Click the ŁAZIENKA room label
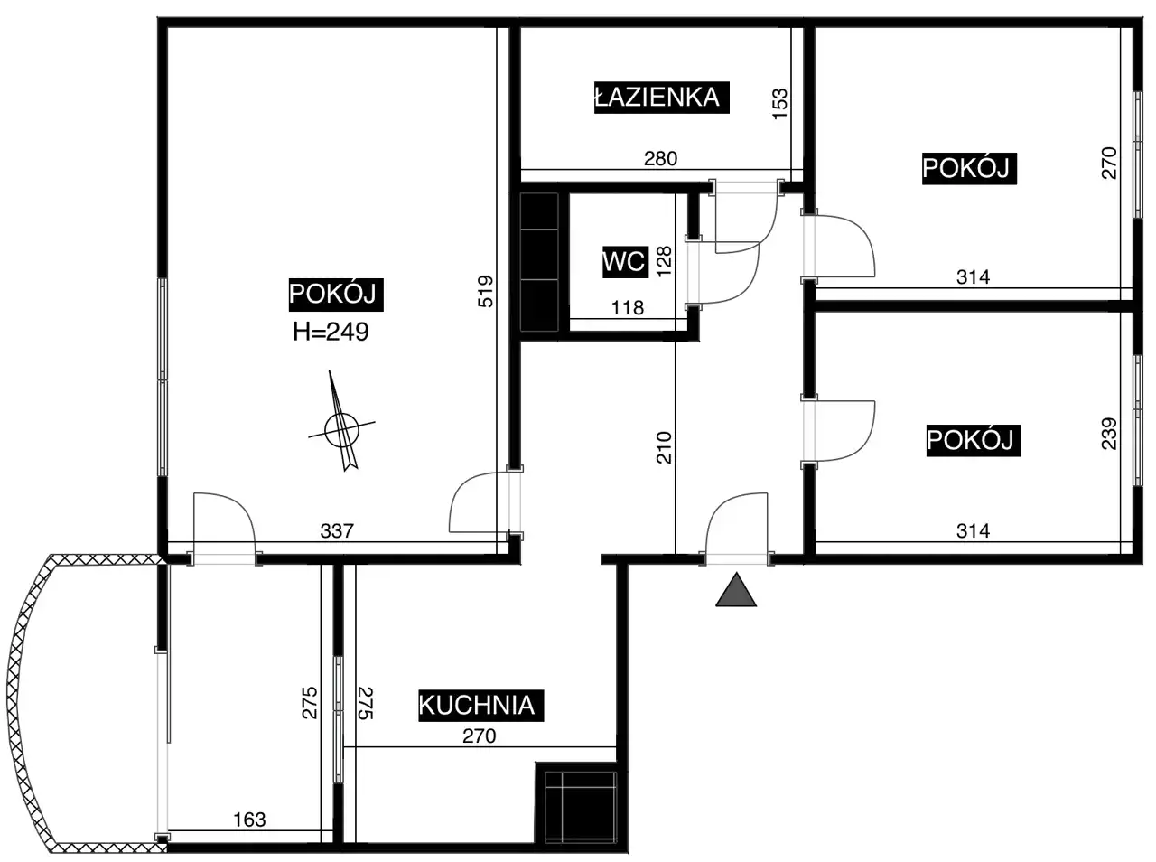[x=661, y=98]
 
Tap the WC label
[x=625, y=261]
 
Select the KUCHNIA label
[x=480, y=705]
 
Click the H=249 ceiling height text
[x=331, y=332]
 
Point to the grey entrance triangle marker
[x=736, y=590]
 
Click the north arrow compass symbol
[x=340, y=424]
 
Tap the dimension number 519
[x=485, y=291]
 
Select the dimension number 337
[x=337, y=530]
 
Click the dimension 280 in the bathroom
[x=660, y=158]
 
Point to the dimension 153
[x=780, y=104]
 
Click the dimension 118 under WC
[x=628, y=307]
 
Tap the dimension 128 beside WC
[x=664, y=261]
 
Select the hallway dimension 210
[x=664, y=447]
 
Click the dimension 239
[x=1109, y=434]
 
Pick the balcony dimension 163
[x=249, y=820]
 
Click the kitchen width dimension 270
[x=480, y=736]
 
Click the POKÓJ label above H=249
[x=335, y=295]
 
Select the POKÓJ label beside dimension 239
[x=974, y=440]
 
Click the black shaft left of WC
[x=539, y=262]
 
